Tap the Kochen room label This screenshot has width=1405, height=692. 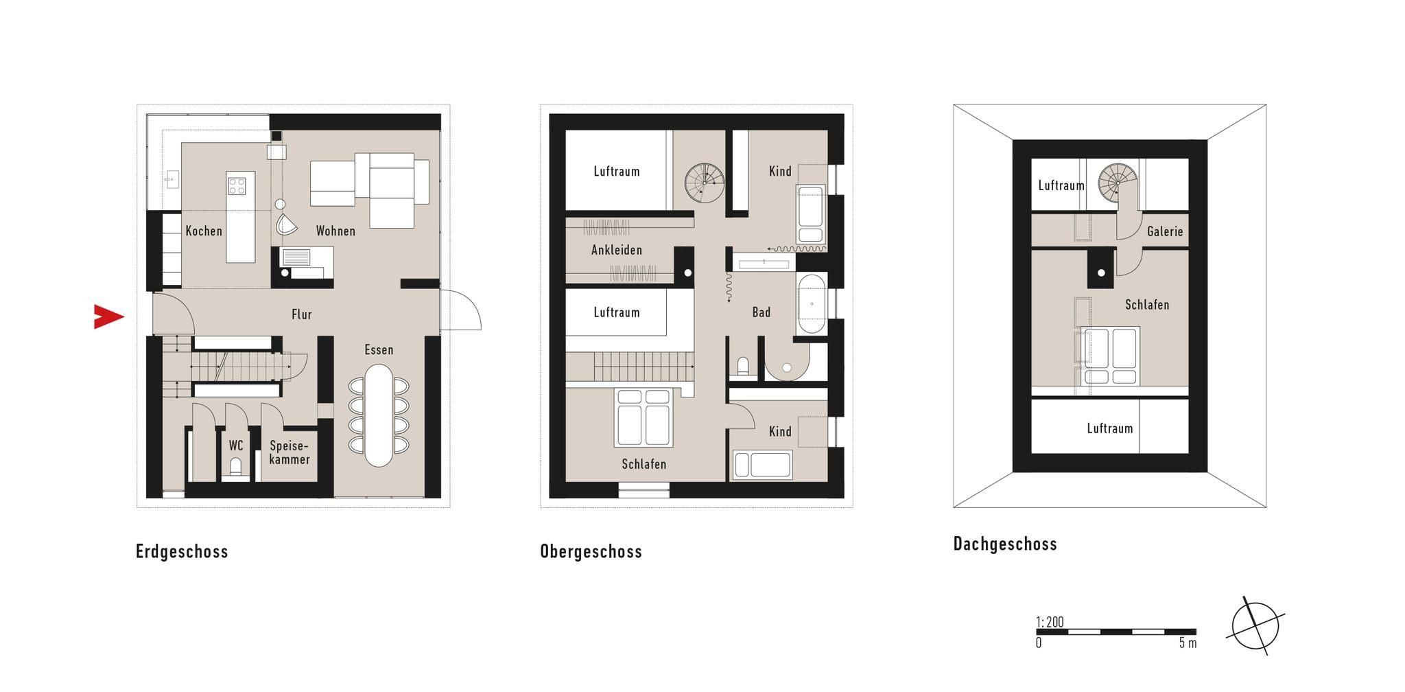[x=204, y=231]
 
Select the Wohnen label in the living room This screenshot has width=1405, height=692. [x=335, y=231]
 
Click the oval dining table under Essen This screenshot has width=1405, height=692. [x=379, y=415]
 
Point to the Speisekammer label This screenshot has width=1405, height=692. [x=290, y=452]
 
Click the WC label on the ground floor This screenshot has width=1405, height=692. [x=236, y=446]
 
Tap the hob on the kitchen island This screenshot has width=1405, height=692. [x=237, y=185]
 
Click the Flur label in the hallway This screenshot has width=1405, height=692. [x=302, y=314]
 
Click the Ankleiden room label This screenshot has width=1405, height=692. [x=617, y=250]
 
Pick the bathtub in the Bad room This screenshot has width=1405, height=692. [x=811, y=303]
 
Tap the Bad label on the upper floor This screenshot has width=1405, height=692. [x=761, y=312]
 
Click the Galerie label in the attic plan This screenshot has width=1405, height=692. [x=1165, y=231]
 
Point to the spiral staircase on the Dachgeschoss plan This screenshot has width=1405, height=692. [x=1118, y=183]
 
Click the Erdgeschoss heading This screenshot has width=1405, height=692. [x=182, y=551]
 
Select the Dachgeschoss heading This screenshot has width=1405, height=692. [x=1005, y=544]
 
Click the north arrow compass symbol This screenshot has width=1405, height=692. [x=1257, y=625]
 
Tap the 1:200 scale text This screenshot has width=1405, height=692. [x=1050, y=622]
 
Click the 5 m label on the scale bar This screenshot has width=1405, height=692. [x=1188, y=643]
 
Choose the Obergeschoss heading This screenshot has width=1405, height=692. [x=591, y=551]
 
